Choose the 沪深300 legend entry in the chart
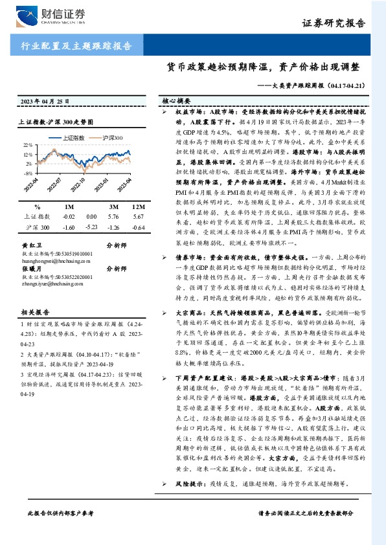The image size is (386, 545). pyautogui.click(x=112, y=138)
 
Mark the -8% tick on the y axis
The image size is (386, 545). pyautogui.click(x=27, y=173)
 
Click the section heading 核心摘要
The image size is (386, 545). pyautogui.click(x=175, y=102)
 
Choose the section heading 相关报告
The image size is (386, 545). pyautogui.click(x=30, y=312)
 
